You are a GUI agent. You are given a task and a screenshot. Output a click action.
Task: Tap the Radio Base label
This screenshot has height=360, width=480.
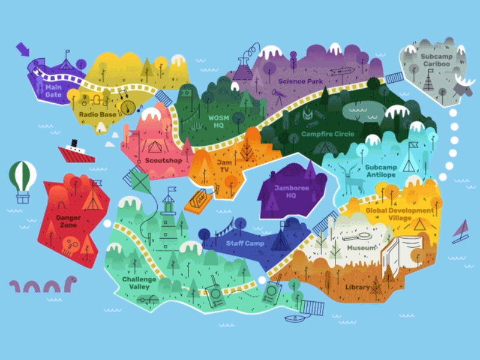point(97,115)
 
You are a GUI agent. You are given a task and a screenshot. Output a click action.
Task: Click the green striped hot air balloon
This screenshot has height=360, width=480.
point(22,178)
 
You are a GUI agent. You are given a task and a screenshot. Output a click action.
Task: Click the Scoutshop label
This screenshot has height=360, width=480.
point(163,161)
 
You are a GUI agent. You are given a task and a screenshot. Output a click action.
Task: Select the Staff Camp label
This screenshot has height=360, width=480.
point(245,244)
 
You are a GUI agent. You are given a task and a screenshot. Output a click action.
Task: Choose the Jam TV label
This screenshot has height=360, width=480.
point(224,166)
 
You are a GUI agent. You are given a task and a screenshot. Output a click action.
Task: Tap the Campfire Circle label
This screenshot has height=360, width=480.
point(328,134)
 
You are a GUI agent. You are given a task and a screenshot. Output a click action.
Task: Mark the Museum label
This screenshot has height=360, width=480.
point(362,248)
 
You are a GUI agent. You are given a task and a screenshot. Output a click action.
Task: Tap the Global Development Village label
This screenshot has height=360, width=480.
point(400,214)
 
